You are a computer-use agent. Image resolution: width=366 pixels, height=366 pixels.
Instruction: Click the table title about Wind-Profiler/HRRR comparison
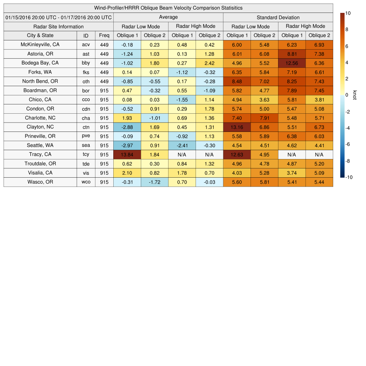pos(168,8)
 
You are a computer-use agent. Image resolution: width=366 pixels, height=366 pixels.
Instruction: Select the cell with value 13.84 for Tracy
pos(127,154)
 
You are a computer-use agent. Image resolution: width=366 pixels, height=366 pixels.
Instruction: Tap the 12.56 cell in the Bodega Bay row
pos(292,63)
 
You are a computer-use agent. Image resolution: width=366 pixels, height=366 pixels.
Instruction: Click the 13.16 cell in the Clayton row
pos(237,127)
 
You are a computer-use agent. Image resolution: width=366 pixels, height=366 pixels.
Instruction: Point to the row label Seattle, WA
pos(40,145)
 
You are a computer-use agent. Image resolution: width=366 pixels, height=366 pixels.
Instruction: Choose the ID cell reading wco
pos(86,182)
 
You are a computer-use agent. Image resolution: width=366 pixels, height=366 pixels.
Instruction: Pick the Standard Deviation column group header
pos(278,17)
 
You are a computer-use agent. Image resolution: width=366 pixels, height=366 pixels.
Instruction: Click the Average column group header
pos(168,17)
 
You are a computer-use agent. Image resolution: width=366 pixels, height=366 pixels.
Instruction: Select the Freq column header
pos(104,35)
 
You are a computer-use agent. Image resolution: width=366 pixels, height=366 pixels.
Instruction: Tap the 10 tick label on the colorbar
pos(348,13)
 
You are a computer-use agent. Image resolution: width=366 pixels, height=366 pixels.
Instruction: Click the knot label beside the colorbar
pos(355,95)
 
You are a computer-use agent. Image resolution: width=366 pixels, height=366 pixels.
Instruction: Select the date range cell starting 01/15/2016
pos(59,17)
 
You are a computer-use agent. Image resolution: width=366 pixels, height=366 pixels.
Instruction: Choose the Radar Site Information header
pos(59,26)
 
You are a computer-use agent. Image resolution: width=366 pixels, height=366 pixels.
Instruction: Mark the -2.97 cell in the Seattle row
pos(127,145)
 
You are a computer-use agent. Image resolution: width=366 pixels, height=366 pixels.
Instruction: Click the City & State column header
pos(40,35)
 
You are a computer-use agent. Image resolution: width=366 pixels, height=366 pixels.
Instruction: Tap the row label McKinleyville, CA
pos(40,45)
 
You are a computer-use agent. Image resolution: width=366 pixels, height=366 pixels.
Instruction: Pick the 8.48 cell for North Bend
pos(237,81)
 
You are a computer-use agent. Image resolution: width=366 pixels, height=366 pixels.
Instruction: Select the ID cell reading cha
pos(86,118)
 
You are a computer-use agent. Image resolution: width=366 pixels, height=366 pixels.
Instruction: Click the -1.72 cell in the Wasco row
pos(154,182)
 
